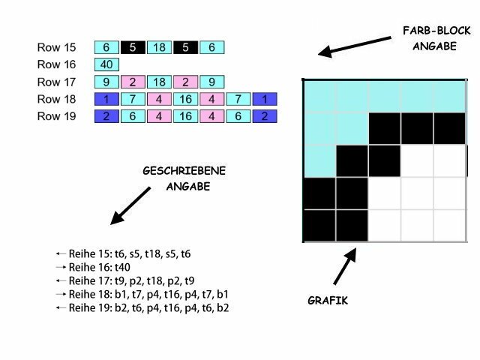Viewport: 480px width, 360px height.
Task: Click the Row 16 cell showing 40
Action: tap(106, 64)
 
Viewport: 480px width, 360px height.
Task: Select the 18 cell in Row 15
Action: tap(160, 47)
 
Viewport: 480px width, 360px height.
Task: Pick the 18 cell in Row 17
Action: tap(160, 82)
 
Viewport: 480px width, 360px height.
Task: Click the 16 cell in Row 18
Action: tap(186, 99)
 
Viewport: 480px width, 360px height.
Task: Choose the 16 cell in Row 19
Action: tap(186, 116)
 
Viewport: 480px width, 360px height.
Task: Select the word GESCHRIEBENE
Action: tap(182, 171)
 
